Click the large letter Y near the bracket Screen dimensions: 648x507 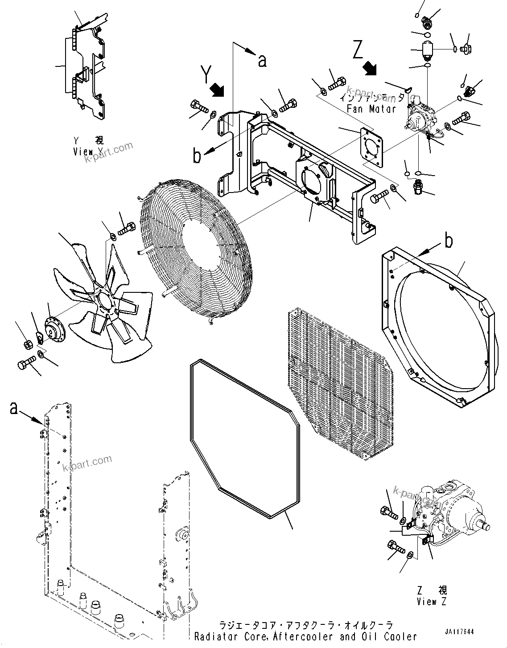point(206,74)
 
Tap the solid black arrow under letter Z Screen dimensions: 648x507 point(369,68)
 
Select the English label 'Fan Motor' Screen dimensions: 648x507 point(370,108)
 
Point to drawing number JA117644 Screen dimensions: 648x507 point(459,632)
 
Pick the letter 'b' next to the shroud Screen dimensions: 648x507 point(448,241)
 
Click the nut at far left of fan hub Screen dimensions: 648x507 point(27,344)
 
